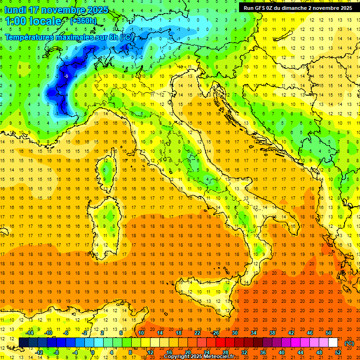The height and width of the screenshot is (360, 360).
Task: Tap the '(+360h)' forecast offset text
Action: (x=84, y=21)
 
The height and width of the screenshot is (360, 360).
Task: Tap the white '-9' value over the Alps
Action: (x=67, y=76)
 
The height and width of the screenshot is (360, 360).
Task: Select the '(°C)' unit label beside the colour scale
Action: (x=349, y=343)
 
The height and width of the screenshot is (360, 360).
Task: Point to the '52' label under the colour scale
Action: (x=338, y=352)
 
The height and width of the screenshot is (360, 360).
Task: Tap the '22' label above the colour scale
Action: (x=197, y=333)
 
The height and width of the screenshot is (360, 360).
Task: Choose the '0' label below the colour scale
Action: (x=93, y=352)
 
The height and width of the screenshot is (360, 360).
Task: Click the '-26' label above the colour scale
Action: (x=215, y=333)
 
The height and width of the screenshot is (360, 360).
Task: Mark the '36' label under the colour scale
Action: (x=263, y=352)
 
